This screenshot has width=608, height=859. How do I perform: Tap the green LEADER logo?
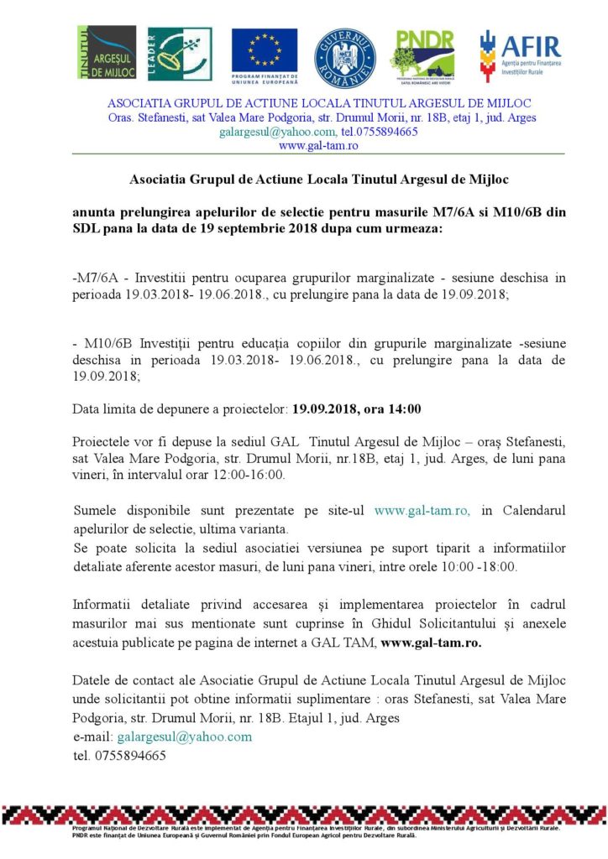[x=180, y=53]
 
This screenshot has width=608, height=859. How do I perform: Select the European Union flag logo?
[x=265, y=53]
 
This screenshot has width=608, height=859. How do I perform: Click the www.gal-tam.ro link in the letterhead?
[x=318, y=145]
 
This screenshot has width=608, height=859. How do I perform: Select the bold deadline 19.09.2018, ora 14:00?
[x=356, y=409]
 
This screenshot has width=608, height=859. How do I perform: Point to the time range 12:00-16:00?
[x=243, y=474]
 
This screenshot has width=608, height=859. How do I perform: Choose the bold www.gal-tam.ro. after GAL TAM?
[x=432, y=643]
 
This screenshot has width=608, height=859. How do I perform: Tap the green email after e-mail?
[x=185, y=737]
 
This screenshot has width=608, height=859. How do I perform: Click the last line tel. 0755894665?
[x=119, y=755]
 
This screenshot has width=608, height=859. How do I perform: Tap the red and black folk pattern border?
[x=304, y=813]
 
